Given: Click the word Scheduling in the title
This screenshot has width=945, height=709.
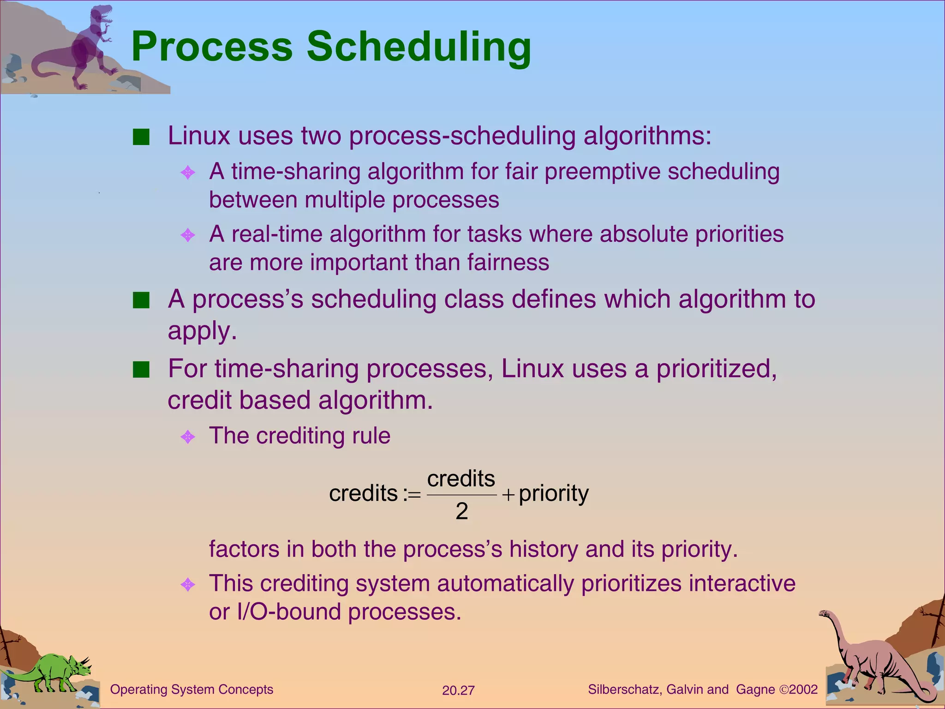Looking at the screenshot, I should point(419,46).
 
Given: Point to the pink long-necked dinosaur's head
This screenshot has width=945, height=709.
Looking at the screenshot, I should point(825,614).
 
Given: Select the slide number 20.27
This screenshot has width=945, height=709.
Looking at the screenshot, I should point(458,691).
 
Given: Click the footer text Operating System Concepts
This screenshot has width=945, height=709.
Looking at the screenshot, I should point(191,690).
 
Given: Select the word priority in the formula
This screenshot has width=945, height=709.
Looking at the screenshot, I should point(554,493).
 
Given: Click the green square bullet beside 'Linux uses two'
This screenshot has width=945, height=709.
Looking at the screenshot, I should point(141,137).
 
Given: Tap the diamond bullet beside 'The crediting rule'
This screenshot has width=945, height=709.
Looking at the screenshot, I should point(188,436).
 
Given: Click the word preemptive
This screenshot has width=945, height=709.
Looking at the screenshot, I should point(602,172).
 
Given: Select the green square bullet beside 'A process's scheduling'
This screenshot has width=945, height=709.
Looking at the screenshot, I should point(141,300).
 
